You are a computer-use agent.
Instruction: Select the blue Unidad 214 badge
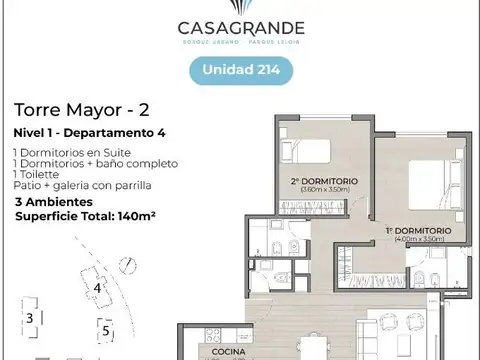click(240, 69)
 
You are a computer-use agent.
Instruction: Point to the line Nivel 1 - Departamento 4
click(84, 133)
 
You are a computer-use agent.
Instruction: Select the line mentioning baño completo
click(95, 163)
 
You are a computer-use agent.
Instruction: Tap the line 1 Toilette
click(41, 175)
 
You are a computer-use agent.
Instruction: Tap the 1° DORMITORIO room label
click(418, 230)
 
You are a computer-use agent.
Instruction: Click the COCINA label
click(227, 353)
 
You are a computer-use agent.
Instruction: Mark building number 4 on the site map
click(97, 288)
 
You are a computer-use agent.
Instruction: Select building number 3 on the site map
click(30, 318)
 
